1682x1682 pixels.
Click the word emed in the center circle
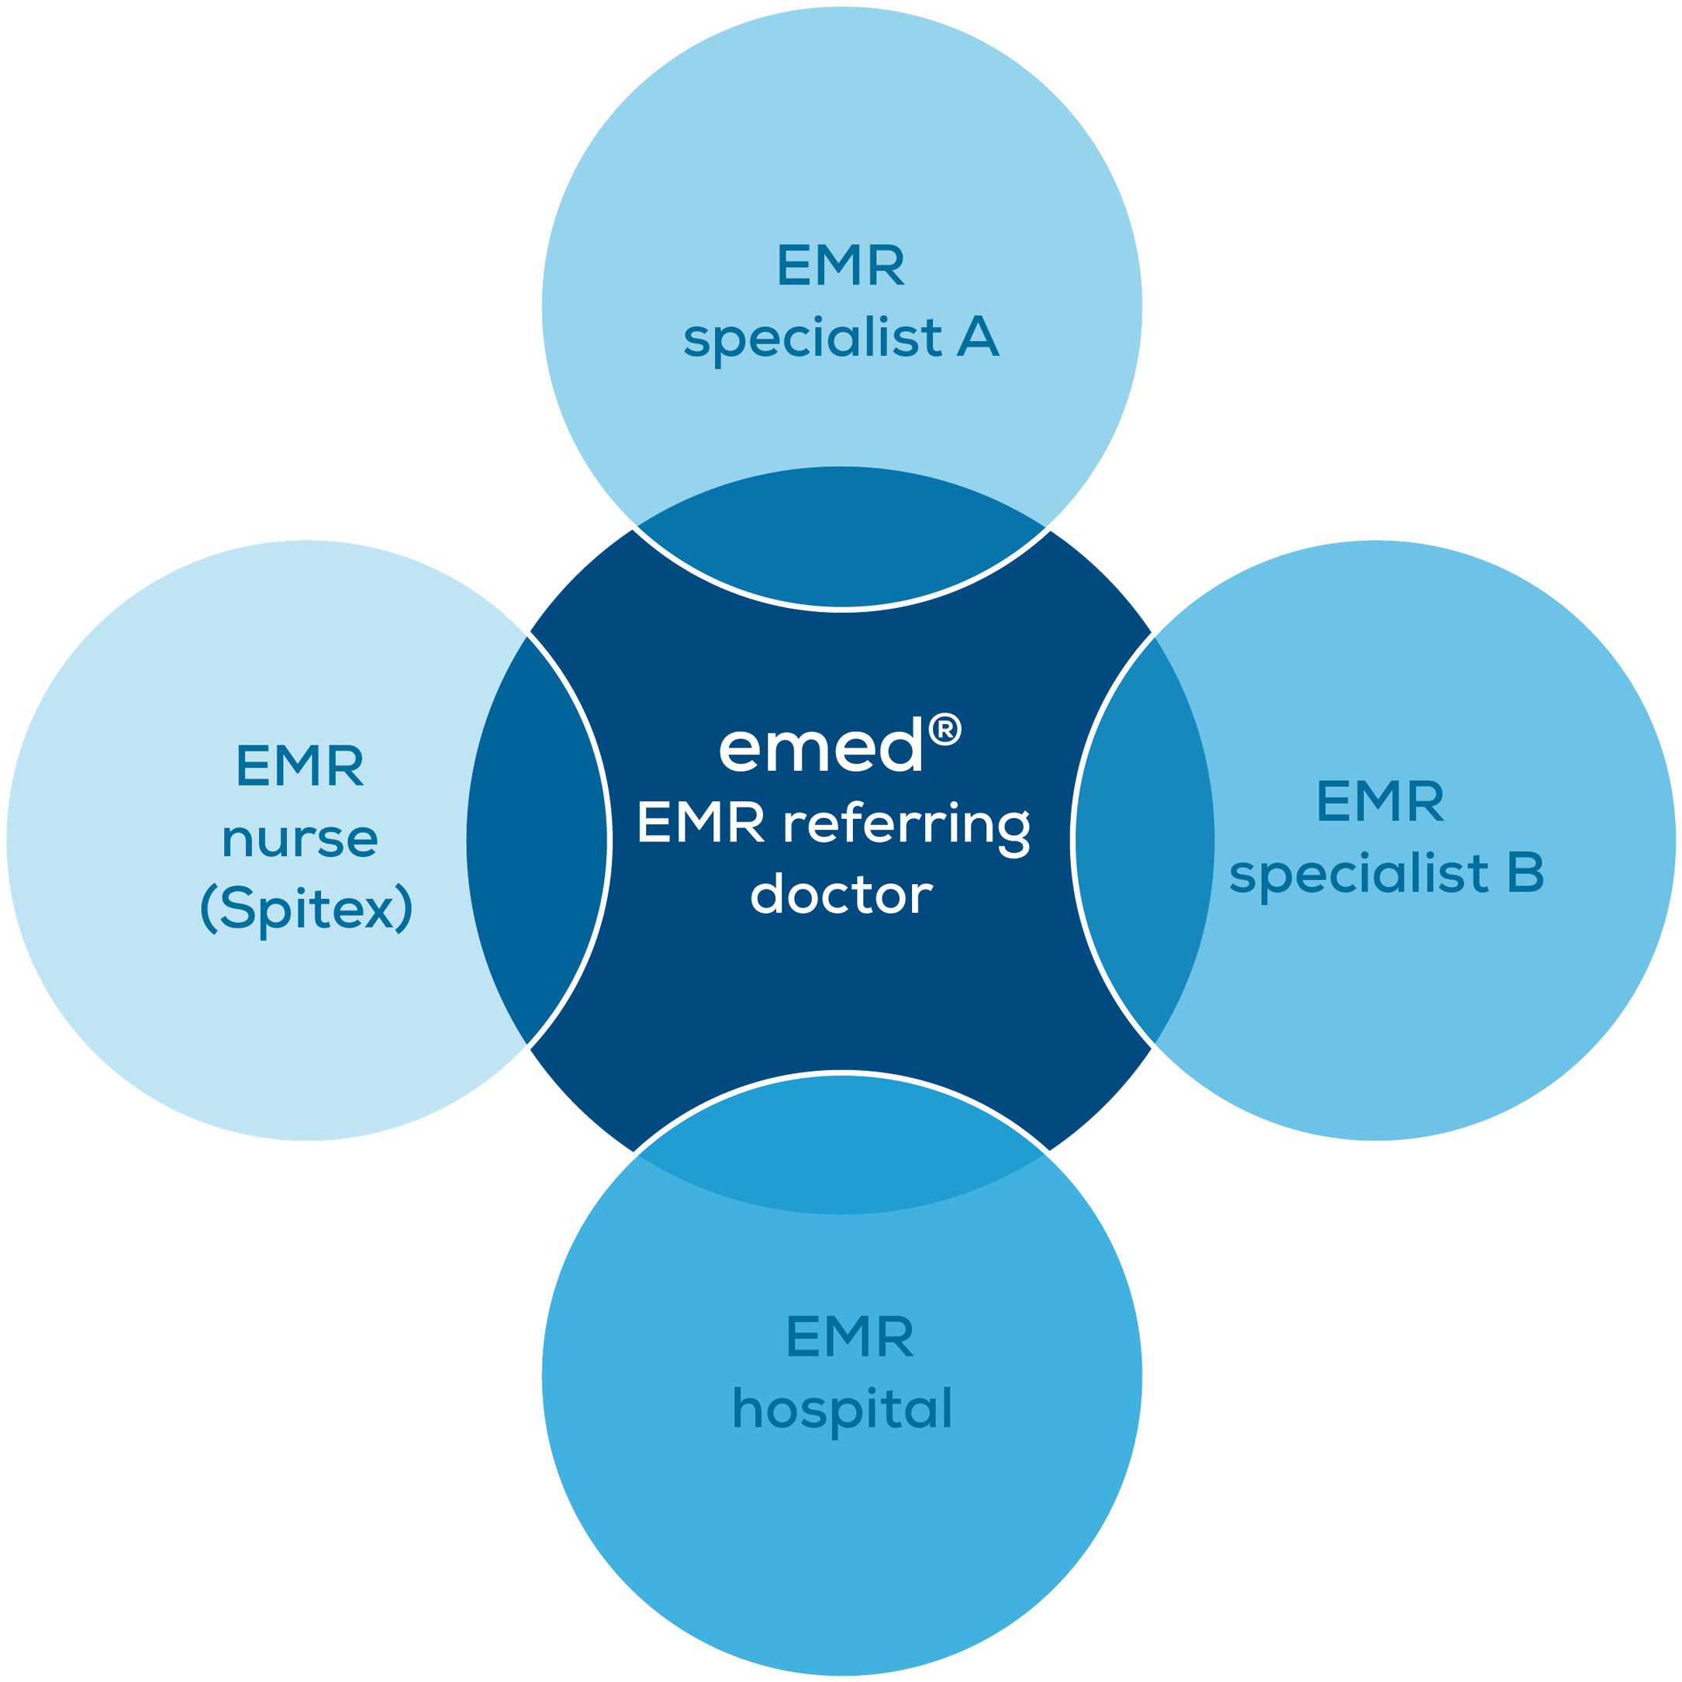pyautogui.click(x=820, y=748)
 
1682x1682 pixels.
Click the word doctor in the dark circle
pyautogui.click(x=841, y=895)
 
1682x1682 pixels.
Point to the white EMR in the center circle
pyautogui.click(x=701, y=823)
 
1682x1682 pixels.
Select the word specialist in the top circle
pyautogui.click(x=812, y=339)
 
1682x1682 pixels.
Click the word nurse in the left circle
pyautogui.click(x=299, y=839)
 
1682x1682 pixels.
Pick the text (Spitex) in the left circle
pyautogui.click(x=306, y=910)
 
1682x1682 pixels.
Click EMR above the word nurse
pyautogui.click(x=299, y=766)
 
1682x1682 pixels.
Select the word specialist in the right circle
pyautogui.click(x=1359, y=874)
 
